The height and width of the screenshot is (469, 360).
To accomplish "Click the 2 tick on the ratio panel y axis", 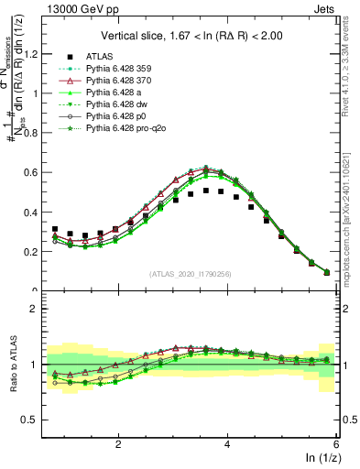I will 36,309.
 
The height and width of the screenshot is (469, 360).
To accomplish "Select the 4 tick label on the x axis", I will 227,442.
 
